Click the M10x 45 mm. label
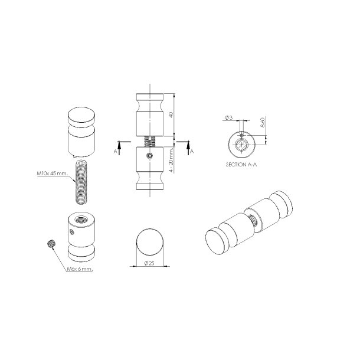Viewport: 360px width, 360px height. (x=51, y=174)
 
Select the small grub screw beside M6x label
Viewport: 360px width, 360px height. (x=50, y=243)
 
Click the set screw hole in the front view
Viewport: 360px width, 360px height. (x=150, y=156)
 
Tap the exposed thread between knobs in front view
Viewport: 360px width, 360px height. (x=150, y=141)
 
